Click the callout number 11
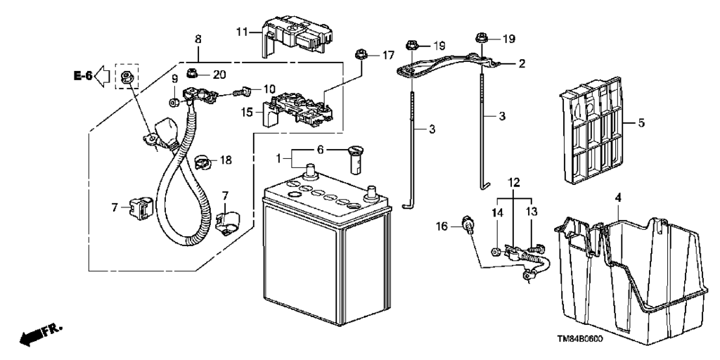(x=242, y=32)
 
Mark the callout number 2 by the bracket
(x=522, y=64)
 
